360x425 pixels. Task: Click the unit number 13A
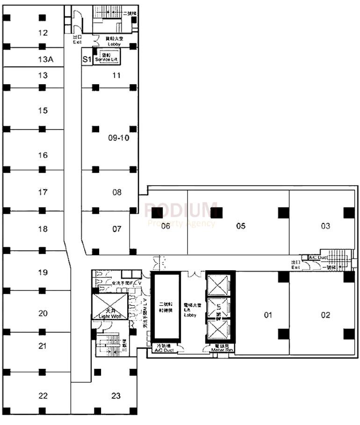pos(43,59)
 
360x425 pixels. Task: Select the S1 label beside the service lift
pos(86,59)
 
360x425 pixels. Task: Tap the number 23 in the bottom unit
pos(116,396)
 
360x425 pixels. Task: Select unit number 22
pos(43,396)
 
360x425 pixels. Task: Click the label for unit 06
pos(166,226)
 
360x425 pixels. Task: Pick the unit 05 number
pos(241,226)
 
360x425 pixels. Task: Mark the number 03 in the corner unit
pos(325,226)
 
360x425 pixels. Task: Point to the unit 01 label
pos(268,315)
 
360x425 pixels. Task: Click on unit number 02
pos(325,315)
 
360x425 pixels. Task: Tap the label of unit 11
pos(116,75)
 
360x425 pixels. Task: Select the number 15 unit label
pos(43,111)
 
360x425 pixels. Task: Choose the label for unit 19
pos(43,272)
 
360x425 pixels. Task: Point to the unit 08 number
pos(116,192)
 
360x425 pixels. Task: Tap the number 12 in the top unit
pos(43,33)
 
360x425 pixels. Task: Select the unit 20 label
pos(43,313)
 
